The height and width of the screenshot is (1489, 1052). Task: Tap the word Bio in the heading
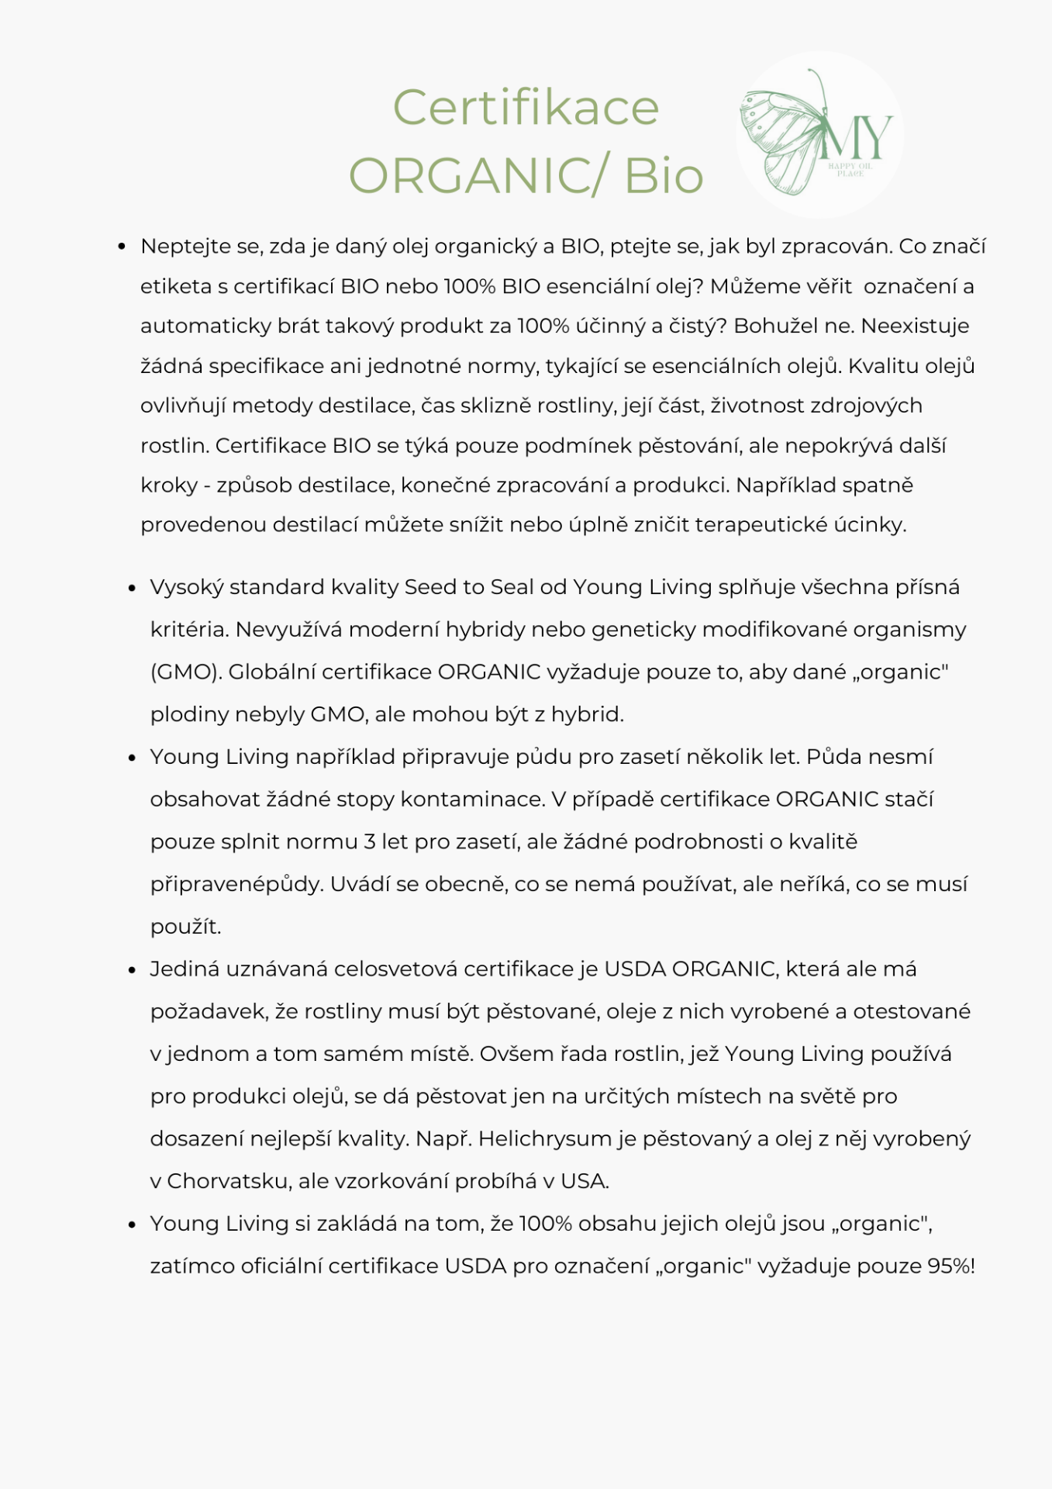[x=664, y=176]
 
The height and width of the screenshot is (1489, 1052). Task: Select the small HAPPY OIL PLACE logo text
[x=850, y=170]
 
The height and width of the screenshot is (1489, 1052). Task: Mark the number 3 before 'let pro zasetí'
[x=370, y=842]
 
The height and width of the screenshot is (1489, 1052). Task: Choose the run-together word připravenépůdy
[x=236, y=885]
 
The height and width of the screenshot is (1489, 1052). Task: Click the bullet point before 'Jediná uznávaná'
[x=132, y=970]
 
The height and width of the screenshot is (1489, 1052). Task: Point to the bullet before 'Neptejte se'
[x=122, y=247]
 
